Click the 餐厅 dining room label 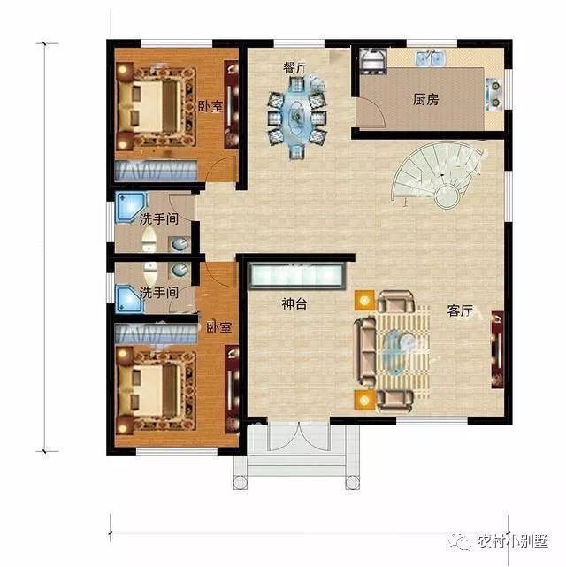pyautogui.click(x=294, y=67)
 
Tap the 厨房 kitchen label pyautogui.click(x=425, y=99)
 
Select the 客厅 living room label pyautogui.click(x=460, y=310)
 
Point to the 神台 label pyautogui.click(x=294, y=303)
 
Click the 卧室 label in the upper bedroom pyautogui.click(x=210, y=106)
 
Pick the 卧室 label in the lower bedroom pyautogui.click(x=219, y=327)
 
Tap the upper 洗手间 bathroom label pyautogui.click(x=159, y=218)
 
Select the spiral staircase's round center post pyautogui.click(x=447, y=196)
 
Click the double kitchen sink pyautogui.click(x=430, y=58)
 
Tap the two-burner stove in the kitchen pyautogui.click(x=493, y=95)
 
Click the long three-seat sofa pyautogui.click(x=365, y=352)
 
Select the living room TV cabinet pyautogui.click(x=498, y=349)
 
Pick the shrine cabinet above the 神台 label pyautogui.click(x=296, y=276)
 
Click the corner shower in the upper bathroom pyautogui.click(x=130, y=208)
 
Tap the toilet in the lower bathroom pyautogui.click(x=149, y=272)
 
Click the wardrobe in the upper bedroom pyautogui.click(x=157, y=171)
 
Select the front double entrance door pyautogui.click(x=299, y=436)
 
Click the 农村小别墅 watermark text pyautogui.click(x=513, y=541)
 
